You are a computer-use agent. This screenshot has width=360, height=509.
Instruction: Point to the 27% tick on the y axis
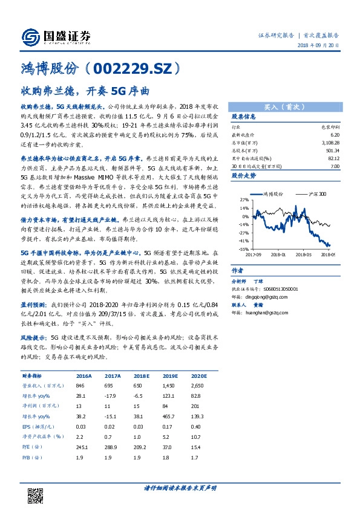[243, 199]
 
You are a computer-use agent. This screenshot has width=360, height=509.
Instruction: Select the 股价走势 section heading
[244, 176]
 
